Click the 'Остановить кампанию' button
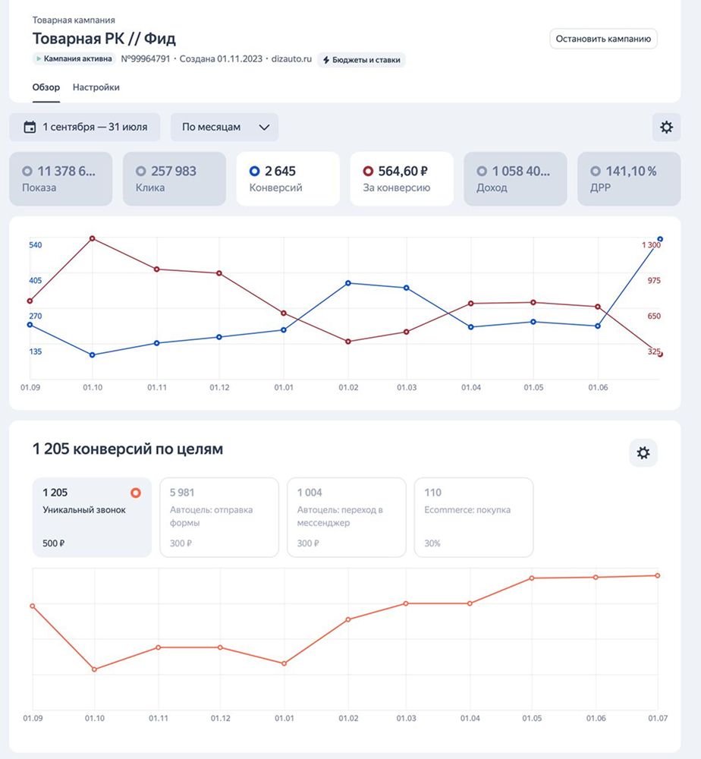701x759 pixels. click(603, 39)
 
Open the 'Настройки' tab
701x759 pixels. click(96, 87)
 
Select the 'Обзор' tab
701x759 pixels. click(46, 87)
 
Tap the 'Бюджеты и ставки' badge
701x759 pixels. click(361, 59)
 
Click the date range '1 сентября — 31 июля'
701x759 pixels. click(85, 127)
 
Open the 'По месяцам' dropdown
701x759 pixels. click(225, 127)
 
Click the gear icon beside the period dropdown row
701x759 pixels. click(666, 127)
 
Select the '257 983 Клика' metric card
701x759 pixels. click(174, 178)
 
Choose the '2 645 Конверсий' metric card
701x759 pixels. click(288, 178)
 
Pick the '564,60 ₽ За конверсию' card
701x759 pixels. click(401, 178)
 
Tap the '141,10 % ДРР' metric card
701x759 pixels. click(629, 178)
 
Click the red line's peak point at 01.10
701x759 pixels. click(93, 238)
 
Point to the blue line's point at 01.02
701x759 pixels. click(347, 283)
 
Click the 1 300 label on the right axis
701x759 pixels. click(651, 245)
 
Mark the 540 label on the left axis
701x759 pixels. click(36, 245)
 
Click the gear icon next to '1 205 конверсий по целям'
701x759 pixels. click(643, 453)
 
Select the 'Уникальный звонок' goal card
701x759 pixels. click(92, 517)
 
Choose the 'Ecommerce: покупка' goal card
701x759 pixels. click(473, 517)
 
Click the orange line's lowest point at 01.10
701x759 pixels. click(94, 669)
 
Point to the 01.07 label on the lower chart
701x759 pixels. click(657, 718)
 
